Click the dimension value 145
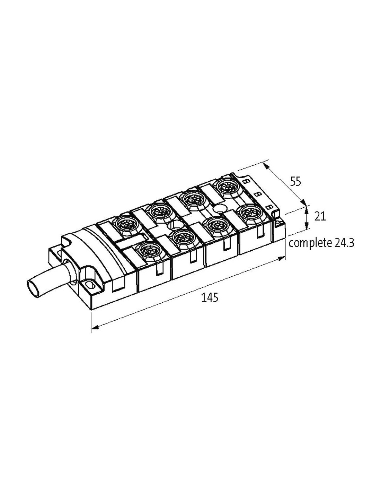tap(210, 297)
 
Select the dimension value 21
tap(320, 217)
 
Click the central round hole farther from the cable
tap(219, 208)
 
